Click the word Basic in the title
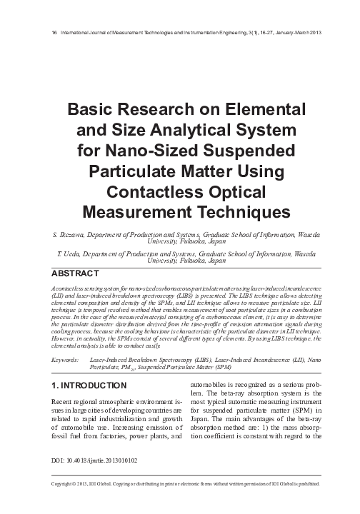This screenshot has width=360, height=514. pyautogui.click(x=92, y=111)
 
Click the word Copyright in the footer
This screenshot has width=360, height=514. pyautogui.click(x=49, y=504)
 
